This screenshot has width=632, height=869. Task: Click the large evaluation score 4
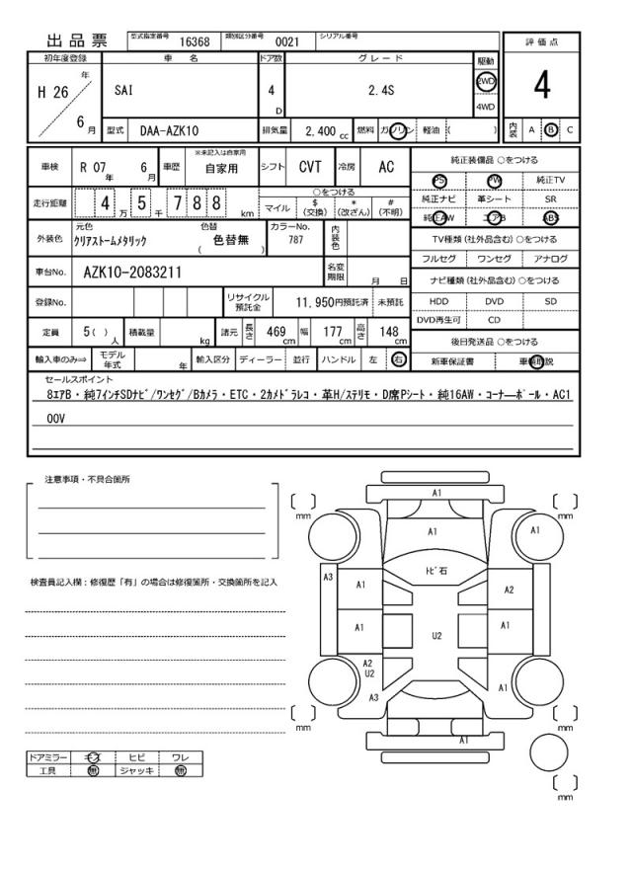pos(542,86)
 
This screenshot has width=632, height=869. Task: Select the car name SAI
pos(123,90)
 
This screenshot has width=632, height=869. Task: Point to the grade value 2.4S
pos(382,90)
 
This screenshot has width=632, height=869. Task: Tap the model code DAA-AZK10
pos(169,130)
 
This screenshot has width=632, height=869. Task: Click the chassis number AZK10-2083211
pos(132,272)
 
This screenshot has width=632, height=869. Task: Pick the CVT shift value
pos(311,167)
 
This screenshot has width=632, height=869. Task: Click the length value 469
pos(276,332)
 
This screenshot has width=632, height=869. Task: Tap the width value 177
pos(333,332)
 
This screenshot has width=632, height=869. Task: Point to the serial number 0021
pos(287,41)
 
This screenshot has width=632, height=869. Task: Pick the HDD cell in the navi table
pos(437,300)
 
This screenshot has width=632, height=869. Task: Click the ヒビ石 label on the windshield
pos(435,570)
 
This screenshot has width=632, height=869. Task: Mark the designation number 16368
pos(194,41)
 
